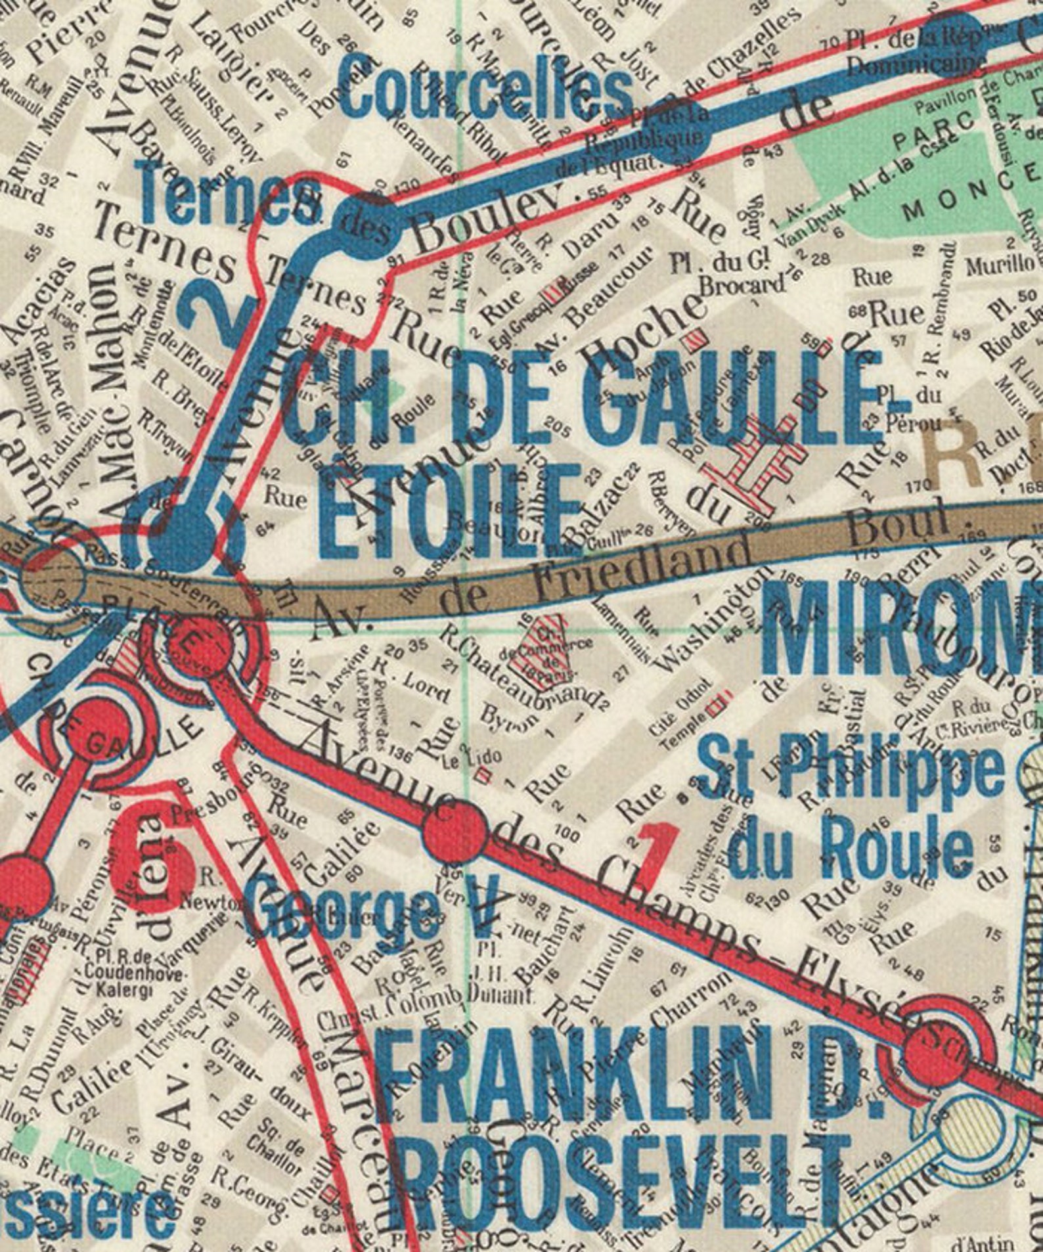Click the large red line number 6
click(154, 863)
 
